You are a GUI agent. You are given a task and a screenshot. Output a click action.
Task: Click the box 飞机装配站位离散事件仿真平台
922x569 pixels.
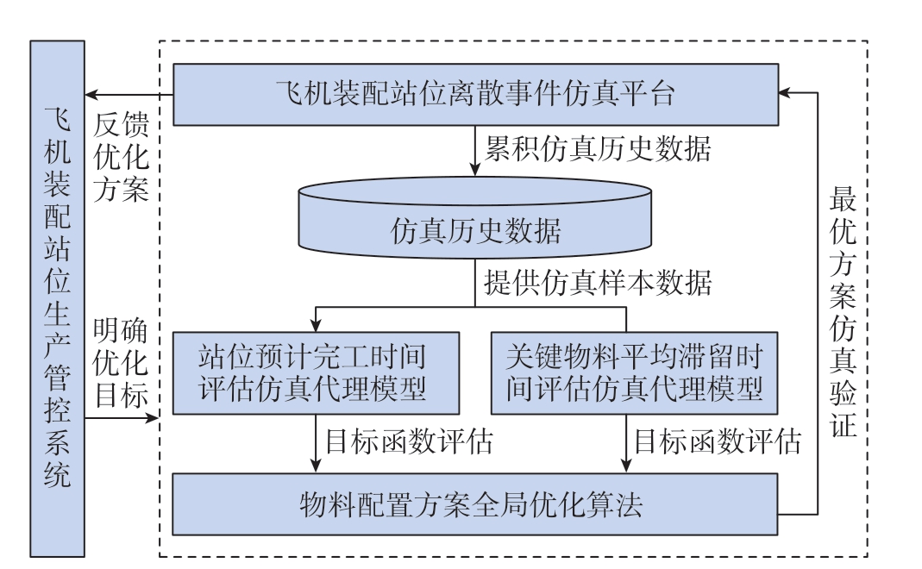pos(476,95)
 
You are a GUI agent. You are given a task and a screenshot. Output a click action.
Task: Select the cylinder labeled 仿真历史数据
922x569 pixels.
pos(475,217)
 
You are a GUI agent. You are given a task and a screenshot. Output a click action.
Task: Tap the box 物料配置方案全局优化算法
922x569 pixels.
pos(475,504)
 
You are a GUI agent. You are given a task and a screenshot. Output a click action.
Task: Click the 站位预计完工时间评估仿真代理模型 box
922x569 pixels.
pos(316,373)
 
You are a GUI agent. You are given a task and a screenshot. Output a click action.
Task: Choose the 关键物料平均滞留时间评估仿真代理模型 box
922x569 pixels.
pos(635,373)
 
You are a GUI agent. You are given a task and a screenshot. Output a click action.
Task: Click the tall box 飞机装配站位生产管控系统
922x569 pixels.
pos(58,298)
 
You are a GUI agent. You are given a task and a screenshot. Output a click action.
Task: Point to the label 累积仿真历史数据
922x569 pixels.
pos(598,148)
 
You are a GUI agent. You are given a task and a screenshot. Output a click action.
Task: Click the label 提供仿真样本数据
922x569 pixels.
pos(598,283)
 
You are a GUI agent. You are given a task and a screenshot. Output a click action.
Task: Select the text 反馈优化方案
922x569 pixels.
pos(121,157)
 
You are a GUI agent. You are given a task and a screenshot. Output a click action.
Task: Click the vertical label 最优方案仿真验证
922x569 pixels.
pos(843,312)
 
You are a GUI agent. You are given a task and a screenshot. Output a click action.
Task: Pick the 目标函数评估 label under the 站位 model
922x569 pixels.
pos(410,441)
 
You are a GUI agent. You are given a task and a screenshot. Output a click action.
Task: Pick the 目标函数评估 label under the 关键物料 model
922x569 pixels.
pos(718,441)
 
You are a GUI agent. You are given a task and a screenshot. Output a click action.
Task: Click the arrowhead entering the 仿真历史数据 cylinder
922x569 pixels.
pos(475,169)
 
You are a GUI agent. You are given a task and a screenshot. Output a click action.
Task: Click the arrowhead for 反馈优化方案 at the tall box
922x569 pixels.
pos(92,95)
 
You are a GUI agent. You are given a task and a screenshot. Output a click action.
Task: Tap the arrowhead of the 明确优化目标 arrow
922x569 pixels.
pos(153,418)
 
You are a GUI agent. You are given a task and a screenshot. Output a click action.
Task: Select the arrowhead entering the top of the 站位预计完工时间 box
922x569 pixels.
pos(316,324)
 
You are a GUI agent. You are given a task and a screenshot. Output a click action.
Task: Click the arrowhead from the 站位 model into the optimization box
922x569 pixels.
pos(316,466)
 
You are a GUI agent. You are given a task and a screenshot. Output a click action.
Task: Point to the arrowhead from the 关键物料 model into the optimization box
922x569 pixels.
pos(626,466)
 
